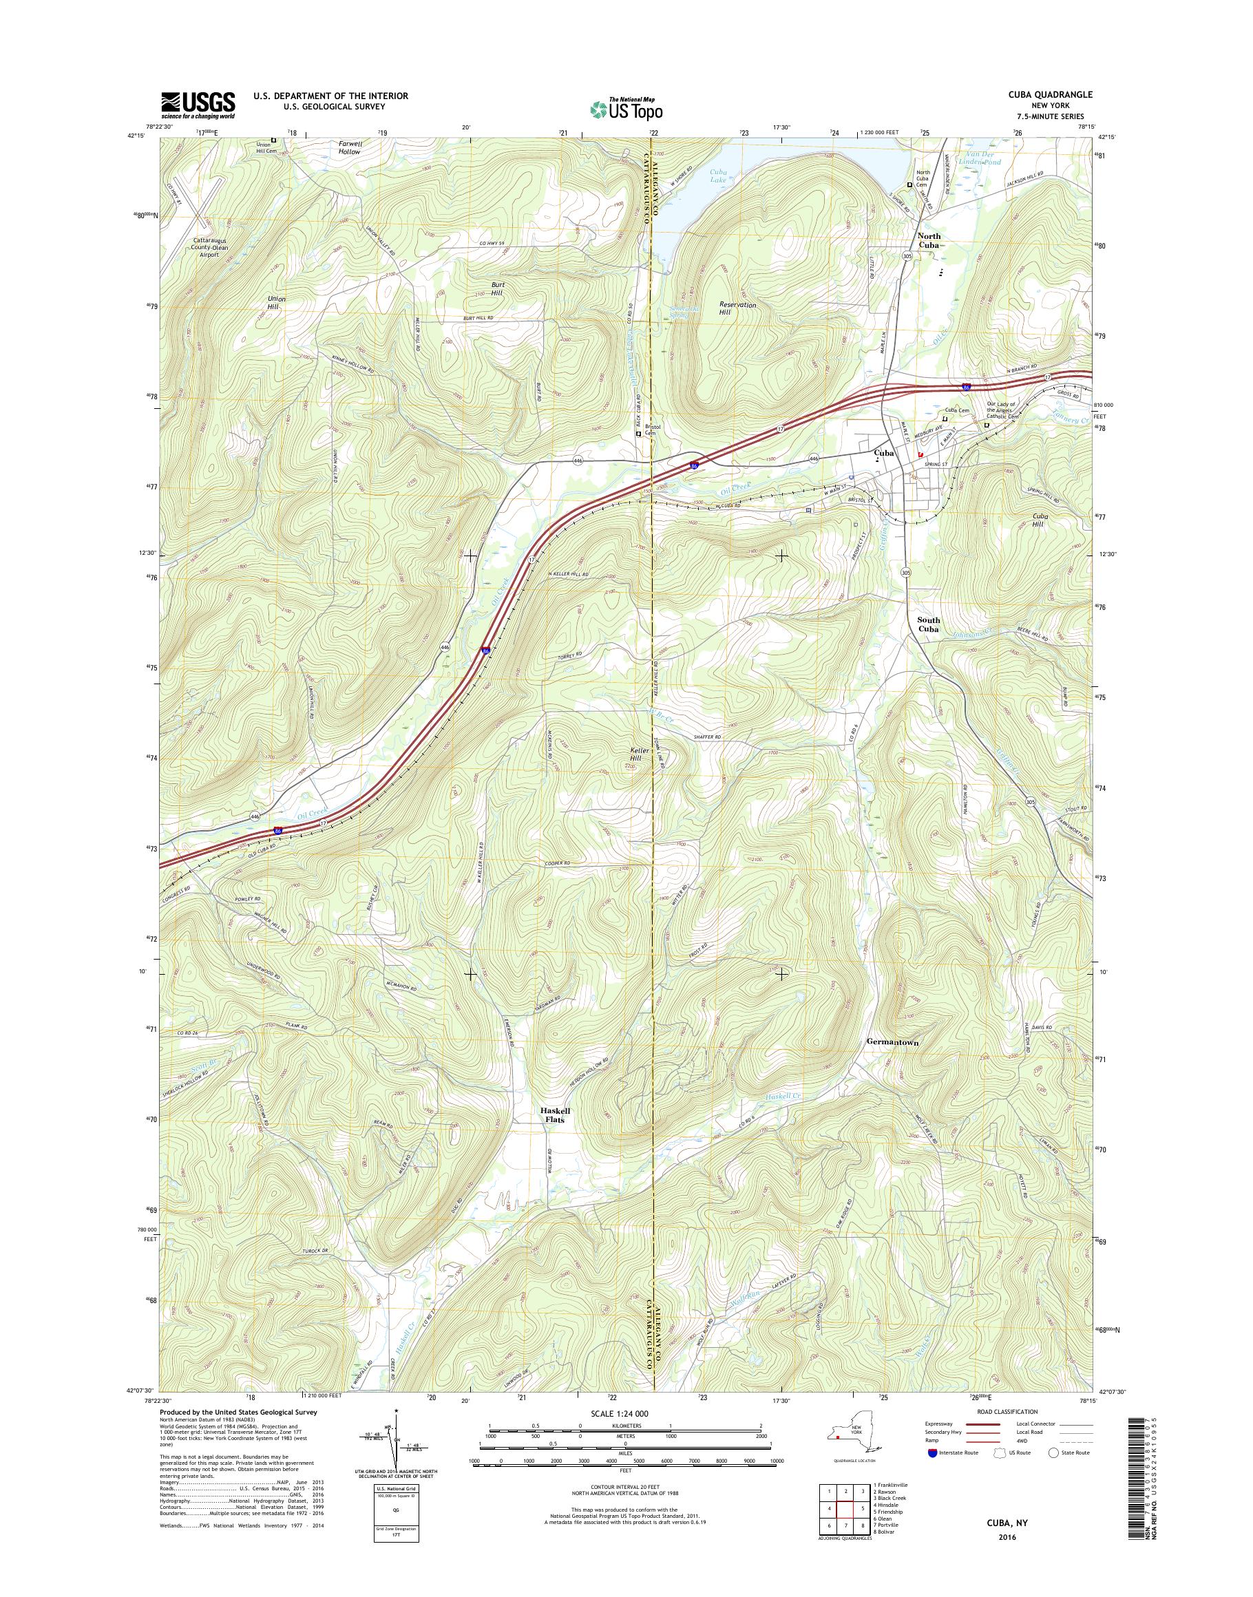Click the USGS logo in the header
pos(198,105)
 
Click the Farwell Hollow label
pos(350,147)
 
